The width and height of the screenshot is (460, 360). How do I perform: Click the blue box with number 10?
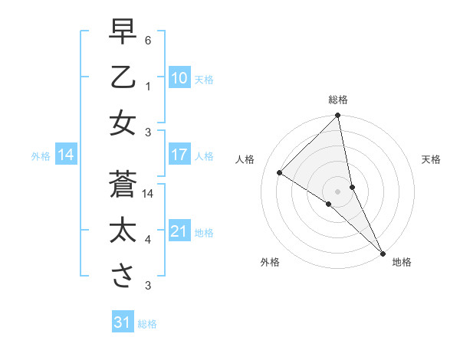179,78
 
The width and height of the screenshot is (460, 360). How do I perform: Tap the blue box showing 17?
179,155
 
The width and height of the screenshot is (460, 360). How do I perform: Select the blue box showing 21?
179,231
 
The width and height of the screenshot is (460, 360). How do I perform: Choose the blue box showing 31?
123,322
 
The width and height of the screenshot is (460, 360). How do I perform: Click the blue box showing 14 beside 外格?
66,155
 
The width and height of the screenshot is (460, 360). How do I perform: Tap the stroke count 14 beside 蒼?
149,194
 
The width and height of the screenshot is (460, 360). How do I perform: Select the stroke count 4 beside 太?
149,240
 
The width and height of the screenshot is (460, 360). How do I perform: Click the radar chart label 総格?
338,100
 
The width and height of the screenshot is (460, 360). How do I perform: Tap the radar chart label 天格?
432,159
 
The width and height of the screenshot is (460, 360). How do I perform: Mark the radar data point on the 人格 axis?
280,173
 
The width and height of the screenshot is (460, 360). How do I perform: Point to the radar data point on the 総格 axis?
338,116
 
